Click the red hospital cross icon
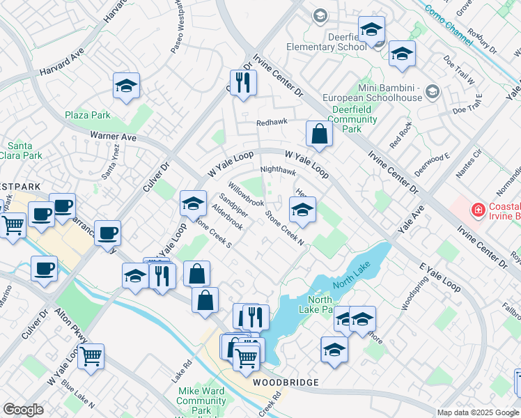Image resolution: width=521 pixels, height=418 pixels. point(478,209)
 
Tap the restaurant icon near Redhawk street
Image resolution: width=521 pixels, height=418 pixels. point(243,82)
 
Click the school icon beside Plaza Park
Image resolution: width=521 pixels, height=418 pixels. point(127,86)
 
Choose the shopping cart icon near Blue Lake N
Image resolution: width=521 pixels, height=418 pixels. point(91,356)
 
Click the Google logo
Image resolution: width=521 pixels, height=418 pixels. point(23,410)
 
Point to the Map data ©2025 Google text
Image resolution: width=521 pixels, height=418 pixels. point(478,412)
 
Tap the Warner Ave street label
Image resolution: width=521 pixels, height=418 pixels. point(114,137)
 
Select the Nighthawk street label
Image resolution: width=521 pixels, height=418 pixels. point(278,170)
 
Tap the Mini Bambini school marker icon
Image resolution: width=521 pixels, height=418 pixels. point(432,91)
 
